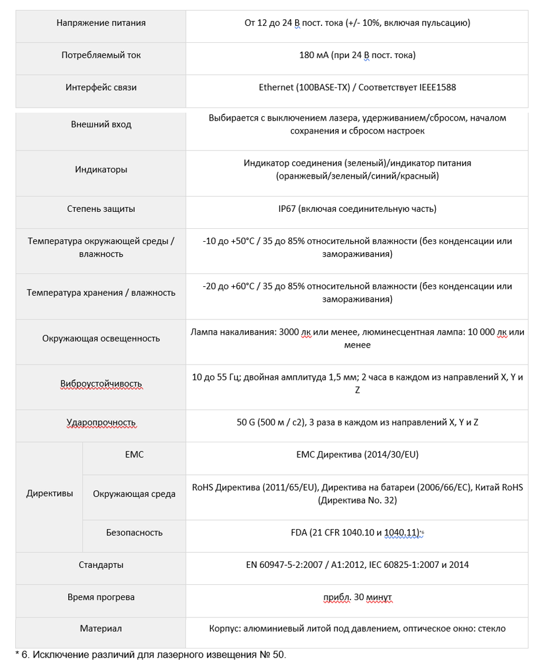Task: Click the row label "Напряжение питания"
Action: [x=101, y=23]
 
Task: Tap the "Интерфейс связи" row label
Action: [x=101, y=87]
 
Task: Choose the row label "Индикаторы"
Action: [x=101, y=170]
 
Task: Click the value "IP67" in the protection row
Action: [x=280, y=209]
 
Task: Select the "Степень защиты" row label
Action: [x=101, y=209]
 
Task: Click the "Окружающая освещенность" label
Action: [x=101, y=339]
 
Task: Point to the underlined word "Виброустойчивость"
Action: [x=101, y=384]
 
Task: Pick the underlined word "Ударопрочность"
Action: [x=101, y=423]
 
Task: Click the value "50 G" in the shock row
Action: [x=247, y=423]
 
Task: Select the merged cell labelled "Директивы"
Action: [x=49, y=494]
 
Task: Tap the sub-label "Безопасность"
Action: [x=134, y=532]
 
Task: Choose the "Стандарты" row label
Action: [x=101, y=565]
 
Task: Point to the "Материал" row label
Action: [x=101, y=628]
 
